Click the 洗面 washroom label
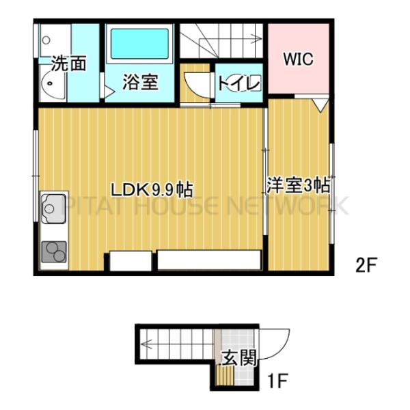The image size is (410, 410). [70, 64]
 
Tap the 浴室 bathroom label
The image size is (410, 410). [141, 82]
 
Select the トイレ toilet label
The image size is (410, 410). [238, 84]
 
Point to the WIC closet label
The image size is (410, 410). [299, 59]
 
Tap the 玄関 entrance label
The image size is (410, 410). [239, 357]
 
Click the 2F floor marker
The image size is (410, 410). [366, 264]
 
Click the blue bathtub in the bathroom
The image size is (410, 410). [141, 43]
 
